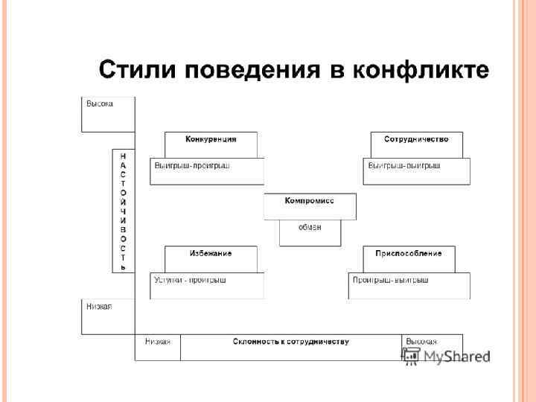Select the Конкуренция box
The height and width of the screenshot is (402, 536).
[x=211, y=139]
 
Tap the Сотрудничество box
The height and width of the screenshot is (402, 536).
[x=416, y=139]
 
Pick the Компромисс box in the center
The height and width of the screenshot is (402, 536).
[x=310, y=201]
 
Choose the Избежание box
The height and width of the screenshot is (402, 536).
[x=211, y=253]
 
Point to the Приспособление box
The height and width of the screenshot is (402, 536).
[x=409, y=253]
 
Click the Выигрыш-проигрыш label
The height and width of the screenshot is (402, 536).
[x=192, y=165]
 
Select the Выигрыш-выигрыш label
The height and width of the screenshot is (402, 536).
[x=404, y=165]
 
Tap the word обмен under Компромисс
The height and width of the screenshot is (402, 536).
[x=310, y=227]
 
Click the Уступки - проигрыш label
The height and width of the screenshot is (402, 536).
[x=190, y=280]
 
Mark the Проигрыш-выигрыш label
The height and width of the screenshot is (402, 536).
[x=391, y=280]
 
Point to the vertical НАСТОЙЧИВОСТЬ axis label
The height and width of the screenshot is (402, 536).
[x=123, y=211]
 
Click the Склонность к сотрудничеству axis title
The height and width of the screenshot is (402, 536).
[x=290, y=342]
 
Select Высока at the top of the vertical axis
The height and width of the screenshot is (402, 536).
[x=100, y=104]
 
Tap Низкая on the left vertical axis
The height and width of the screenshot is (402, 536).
[x=99, y=307]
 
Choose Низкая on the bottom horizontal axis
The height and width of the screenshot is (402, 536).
[x=158, y=342]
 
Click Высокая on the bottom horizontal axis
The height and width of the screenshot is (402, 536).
[x=421, y=342]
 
